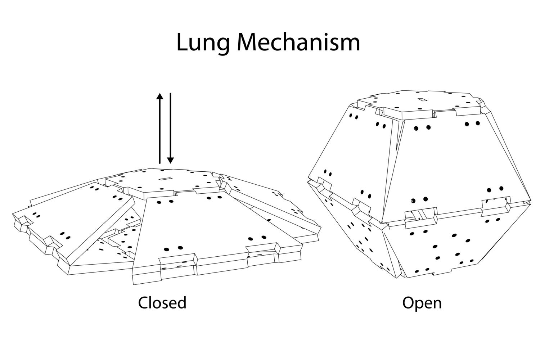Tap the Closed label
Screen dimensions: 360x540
coord(162,303)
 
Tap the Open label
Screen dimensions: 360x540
coord(422,303)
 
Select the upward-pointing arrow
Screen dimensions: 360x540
coord(160,128)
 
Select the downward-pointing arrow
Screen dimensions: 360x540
coord(170,128)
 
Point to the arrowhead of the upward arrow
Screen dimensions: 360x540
coord(160,96)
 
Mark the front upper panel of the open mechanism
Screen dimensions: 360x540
coord(457,166)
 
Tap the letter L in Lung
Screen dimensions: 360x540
coord(182,42)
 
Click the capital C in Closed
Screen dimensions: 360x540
coord(143,303)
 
